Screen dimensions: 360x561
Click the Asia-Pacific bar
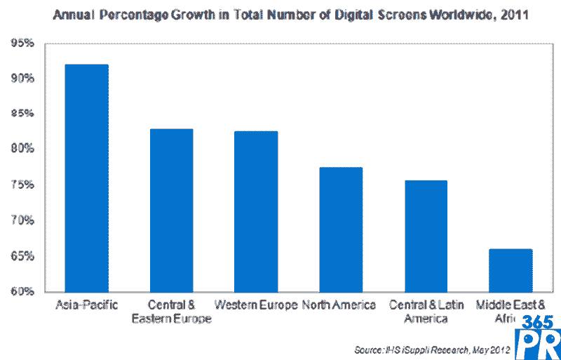pyautogui.click(x=86, y=178)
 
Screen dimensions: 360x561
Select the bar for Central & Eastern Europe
pyautogui.click(x=171, y=211)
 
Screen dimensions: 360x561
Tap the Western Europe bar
pyautogui.click(x=256, y=211)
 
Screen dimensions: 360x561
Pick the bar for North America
pyautogui.click(x=341, y=229)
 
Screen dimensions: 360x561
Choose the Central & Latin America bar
pyautogui.click(x=426, y=236)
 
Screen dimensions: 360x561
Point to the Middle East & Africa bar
pyautogui.click(x=511, y=270)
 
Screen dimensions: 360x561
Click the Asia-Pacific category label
pyautogui.click(x=86, y=305)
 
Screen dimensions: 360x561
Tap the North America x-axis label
pyautogui.click(x=339, y=305)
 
